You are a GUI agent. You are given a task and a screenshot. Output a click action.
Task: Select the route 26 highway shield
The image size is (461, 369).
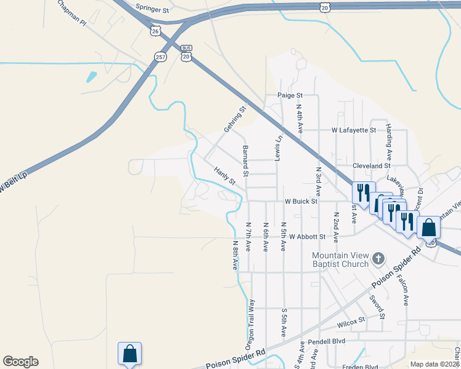[155, 30]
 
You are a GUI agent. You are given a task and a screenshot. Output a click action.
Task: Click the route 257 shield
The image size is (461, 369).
[161, 57]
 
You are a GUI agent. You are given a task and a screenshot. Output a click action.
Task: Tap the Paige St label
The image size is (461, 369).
[290, 95]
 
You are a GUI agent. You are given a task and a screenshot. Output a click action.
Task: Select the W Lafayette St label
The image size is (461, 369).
[354, 130]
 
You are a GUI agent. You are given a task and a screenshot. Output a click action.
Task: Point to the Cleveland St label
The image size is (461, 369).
[372, 165]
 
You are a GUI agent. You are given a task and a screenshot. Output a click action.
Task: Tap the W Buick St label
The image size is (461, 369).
[301, 201]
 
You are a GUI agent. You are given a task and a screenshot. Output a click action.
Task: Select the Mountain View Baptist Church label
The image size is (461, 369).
[340, 260]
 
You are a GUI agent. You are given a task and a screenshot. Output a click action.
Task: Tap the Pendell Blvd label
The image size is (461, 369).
[327, 340]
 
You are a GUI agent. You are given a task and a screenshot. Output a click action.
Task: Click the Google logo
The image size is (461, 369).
[20, 362]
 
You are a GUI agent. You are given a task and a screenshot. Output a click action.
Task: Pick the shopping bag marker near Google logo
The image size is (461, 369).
[129, 354]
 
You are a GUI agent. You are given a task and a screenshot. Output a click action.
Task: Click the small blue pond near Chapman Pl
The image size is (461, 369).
[92, 77]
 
